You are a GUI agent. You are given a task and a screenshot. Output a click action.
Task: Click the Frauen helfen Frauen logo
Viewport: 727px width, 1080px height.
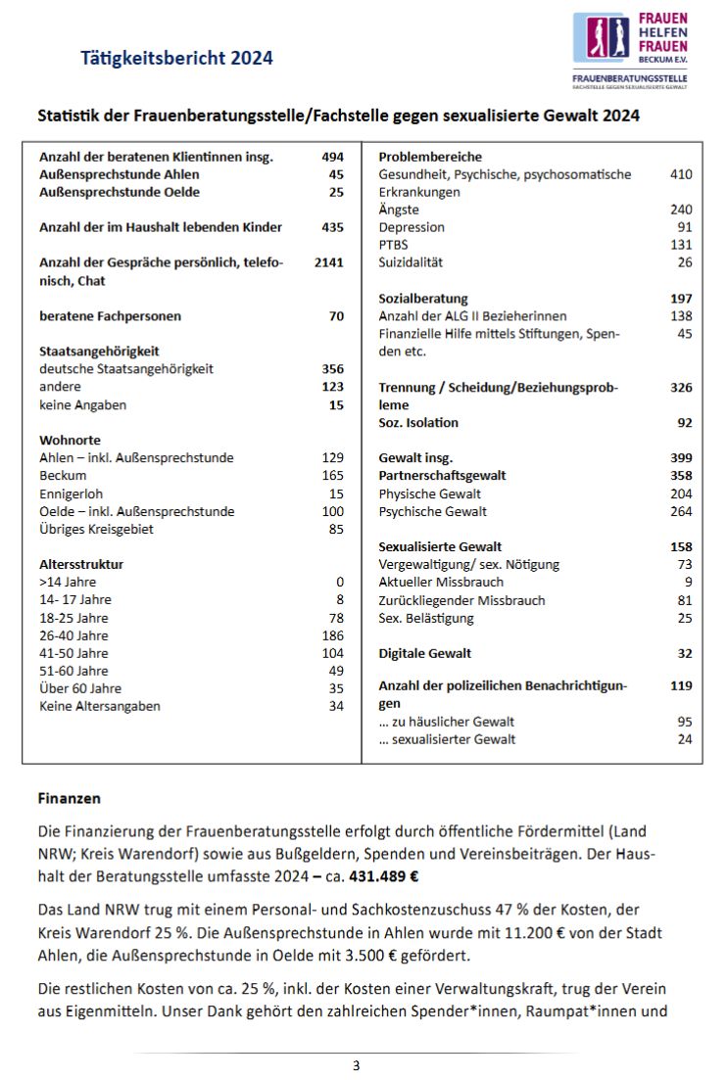630,50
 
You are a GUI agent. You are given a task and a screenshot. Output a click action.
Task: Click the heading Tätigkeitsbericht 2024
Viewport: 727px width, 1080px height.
176,58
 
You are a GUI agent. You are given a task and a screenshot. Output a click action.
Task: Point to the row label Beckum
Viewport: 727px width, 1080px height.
63,476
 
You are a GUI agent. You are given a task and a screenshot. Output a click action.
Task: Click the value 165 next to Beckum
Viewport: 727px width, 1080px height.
333,476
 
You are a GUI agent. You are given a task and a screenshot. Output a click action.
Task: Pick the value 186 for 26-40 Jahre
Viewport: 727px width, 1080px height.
333,635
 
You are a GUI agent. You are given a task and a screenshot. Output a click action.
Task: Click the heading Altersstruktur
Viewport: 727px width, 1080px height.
81,564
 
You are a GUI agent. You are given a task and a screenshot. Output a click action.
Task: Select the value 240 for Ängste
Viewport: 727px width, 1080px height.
681,210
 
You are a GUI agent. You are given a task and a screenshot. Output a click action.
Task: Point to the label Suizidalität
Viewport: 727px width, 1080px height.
411,262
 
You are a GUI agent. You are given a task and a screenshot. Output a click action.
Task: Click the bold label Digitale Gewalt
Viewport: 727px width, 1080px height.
425,653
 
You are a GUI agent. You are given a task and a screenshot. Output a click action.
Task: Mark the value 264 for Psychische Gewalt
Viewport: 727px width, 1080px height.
681,511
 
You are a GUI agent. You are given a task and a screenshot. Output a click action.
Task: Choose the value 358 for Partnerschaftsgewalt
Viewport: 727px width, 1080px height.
681,476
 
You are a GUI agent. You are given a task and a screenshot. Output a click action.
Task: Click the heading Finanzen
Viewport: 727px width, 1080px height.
69,799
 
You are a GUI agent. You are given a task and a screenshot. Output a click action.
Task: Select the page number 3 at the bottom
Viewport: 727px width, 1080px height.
356,1065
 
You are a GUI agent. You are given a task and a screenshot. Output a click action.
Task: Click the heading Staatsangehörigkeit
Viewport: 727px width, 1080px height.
99,351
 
